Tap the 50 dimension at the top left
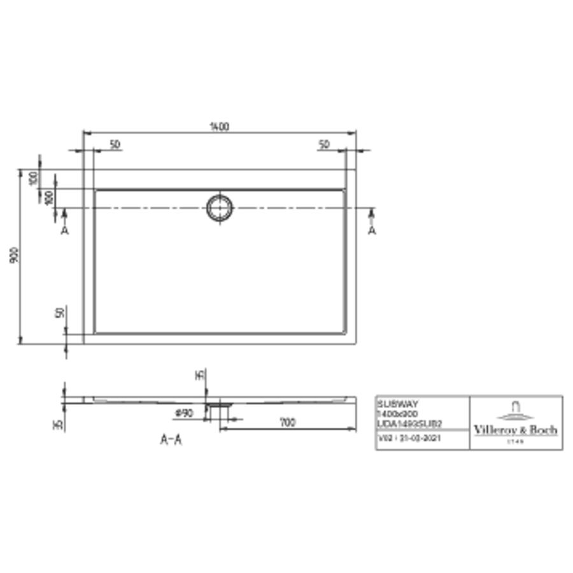pyautogui.click(x=115, y=145)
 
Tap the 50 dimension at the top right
pyautogui.click(x=324, y=145)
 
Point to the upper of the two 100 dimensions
pyautogui.click(x=33, y=178)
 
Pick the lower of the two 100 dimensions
pyautogui.click(x=48, y=197)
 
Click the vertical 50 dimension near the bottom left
pyautogui.click(x=59, y=314)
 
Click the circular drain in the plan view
pyautogui.click(x=220, y=208)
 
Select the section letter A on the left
pyautogui.click(x=64, y=230)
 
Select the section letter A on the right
pyautogui.click(x=372, y=230)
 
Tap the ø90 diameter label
pyautogui.click(x=184, y=414)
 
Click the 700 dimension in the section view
pyautogui.click(x=288, y=423)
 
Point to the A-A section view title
pyautogui.click(x=170, y=440)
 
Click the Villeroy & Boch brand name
pyautogui.click(x=516, y=430)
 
